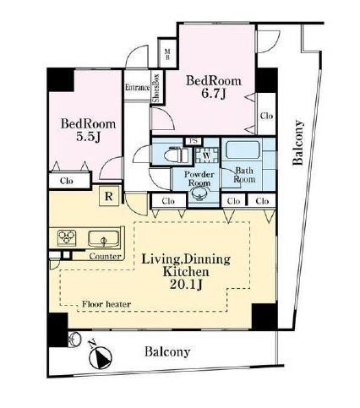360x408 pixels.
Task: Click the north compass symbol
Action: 100,357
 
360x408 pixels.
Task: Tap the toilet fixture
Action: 176,155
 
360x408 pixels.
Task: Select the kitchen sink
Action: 103,239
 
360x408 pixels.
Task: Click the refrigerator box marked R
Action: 109,196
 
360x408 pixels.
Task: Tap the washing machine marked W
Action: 207,155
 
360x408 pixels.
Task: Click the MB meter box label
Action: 167,55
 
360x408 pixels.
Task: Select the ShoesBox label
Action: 156,88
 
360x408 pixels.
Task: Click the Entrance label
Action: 137,87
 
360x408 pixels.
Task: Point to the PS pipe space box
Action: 193,141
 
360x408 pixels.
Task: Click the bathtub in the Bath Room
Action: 243,150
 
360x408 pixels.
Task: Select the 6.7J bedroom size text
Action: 214,95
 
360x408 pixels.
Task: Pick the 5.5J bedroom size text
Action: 89,137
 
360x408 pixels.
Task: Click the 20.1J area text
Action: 186,285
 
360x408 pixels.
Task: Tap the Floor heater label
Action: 106,304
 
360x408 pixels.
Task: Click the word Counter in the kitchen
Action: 105,256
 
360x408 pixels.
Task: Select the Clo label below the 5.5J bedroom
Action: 67,181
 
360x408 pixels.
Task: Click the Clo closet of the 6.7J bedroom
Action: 266,116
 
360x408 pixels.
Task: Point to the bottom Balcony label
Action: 167,351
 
